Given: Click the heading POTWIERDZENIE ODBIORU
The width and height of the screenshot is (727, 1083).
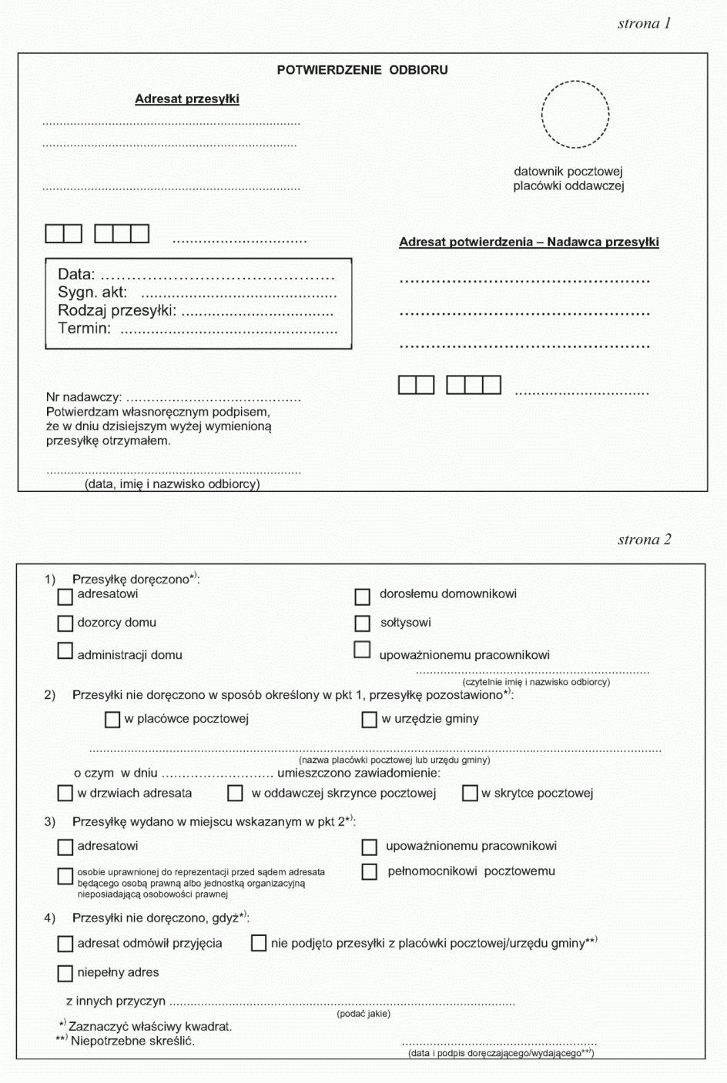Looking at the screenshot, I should click(x=362, y=70).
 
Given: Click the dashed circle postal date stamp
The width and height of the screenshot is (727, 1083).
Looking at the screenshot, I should click(x=575, y=114).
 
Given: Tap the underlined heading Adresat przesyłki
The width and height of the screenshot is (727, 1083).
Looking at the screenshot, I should click(x=187, y=99).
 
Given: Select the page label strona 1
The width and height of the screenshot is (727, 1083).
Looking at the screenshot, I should click(x=644, y=23).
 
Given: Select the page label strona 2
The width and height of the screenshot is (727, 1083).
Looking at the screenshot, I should click(x=644, y=540).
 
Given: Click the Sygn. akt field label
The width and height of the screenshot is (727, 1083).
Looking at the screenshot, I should click(x=92, y=292).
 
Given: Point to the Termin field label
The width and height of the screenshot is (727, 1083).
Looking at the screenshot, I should click(x=84, y=329).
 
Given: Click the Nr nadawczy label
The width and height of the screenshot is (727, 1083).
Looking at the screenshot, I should click(x=83, y=397).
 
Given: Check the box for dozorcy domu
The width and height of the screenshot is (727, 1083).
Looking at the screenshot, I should click(x=65, y=623).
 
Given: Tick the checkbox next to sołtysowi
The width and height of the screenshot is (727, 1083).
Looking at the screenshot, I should click(x=363, y=623).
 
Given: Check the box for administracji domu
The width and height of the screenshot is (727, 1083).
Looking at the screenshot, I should click(x=65, y=651).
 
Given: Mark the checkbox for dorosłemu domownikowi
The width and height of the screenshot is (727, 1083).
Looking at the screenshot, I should click(x=363, y=597).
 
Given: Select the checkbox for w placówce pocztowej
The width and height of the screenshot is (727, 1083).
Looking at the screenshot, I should click(x=112, y=720).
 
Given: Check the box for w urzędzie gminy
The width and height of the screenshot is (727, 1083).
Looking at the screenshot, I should click(x=370, y=720).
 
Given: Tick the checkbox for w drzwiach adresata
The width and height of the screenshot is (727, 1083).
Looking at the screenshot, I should click(x=65, y=794).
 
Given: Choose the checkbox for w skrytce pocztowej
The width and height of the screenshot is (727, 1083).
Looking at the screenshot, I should click(x=470, y=794).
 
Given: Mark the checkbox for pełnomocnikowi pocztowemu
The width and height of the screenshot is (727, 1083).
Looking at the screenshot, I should click(x=370, y=872).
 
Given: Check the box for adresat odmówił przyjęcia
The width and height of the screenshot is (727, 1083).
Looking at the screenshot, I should click(x=65, y=944).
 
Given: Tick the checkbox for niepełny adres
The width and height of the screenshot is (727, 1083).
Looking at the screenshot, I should click(x=65, y=974).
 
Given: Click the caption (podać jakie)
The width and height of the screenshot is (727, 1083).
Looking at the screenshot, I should click(x=363, y=1014).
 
